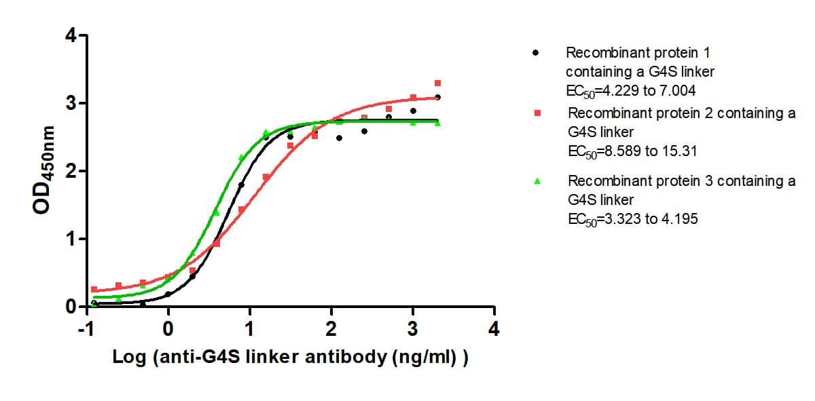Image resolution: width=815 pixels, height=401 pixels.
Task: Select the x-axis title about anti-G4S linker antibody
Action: pos(291,358)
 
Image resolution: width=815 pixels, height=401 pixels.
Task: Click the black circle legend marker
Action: pos(536,52)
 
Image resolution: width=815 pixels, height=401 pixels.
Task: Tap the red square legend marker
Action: pos(537,113)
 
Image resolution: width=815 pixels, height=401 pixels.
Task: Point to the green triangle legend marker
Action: pos(537,181)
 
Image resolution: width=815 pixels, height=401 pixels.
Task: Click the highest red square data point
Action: pos(437,83)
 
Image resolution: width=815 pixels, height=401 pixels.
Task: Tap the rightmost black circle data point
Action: pos(437,98)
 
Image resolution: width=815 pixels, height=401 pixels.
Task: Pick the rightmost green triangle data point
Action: pos(437,123)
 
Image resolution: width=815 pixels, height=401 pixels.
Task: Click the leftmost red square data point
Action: pos(94,289)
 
